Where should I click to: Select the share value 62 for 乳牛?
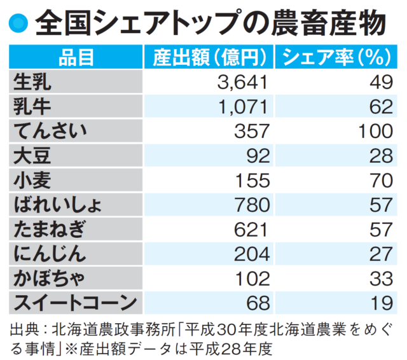pos(380,106)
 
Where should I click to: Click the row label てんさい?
pos(53,131)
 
